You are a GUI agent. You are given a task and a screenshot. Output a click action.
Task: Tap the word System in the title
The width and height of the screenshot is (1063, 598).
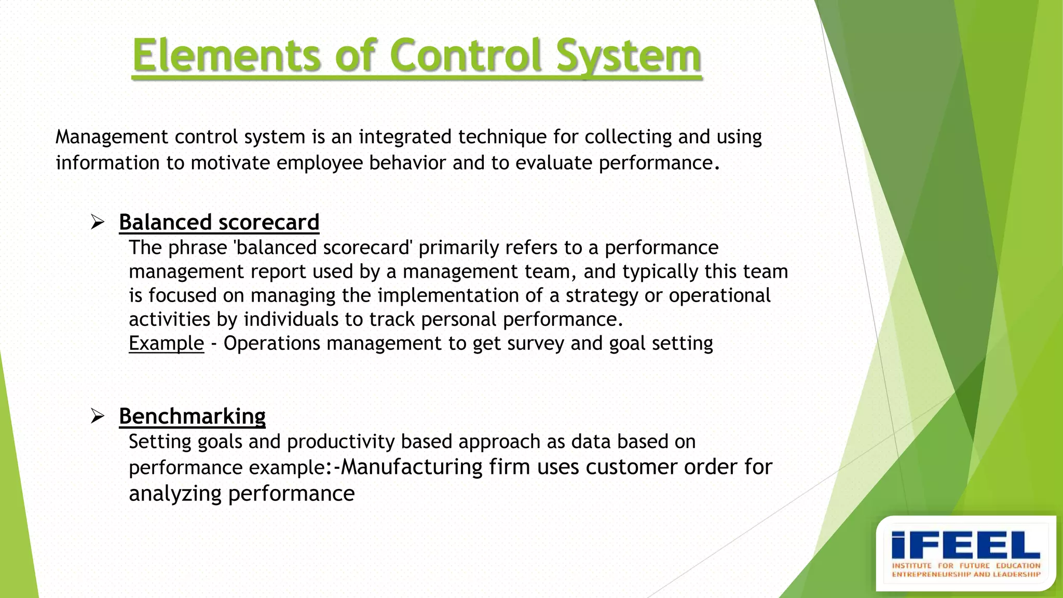(x=629, y=56)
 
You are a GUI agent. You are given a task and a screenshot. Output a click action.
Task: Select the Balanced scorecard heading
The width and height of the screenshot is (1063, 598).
(x=219, y=222)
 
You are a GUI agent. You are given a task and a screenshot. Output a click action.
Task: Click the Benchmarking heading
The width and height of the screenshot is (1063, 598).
(x=192, y=416)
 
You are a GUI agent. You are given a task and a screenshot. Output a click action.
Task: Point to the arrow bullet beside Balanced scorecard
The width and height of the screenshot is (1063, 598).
(x=98, y=223)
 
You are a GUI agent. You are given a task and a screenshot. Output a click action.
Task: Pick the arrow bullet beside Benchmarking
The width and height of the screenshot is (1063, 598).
(x=98, y=416)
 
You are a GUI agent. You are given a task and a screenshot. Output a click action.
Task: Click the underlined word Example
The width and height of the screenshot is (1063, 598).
(x=166, y=344)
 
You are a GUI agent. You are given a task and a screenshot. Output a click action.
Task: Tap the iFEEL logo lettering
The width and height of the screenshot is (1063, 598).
(x=965, y=545)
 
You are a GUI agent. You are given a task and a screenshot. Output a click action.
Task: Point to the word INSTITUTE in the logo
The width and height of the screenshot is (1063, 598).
(x=912, y=565)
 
